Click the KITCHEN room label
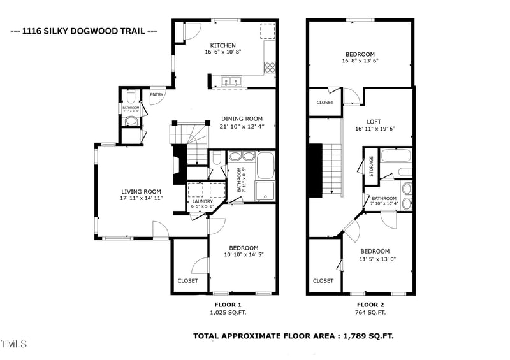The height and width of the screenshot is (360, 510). click(x=223, y=45)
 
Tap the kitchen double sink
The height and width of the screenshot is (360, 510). click(x=230, y=81)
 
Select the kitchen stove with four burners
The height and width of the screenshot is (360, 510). click(x=270, y=66)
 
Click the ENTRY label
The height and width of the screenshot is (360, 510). click(x=156, y=95)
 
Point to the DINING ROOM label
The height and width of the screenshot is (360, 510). click(x=242, y=119)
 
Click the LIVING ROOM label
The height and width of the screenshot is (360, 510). click(x=142, y=191)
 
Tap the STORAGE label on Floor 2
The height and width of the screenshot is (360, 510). click(x=370, y=168)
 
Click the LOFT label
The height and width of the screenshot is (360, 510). click(x=374, y=121)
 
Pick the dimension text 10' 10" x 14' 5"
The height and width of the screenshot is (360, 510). click(x=244, y=254)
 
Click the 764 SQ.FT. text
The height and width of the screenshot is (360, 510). click(x=370, y=313)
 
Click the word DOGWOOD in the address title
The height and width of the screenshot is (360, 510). click(x=93, y=31)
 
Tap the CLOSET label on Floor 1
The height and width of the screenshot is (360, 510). click(x=187, y=280)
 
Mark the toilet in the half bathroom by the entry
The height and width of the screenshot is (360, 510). click(x=131, y=97)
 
